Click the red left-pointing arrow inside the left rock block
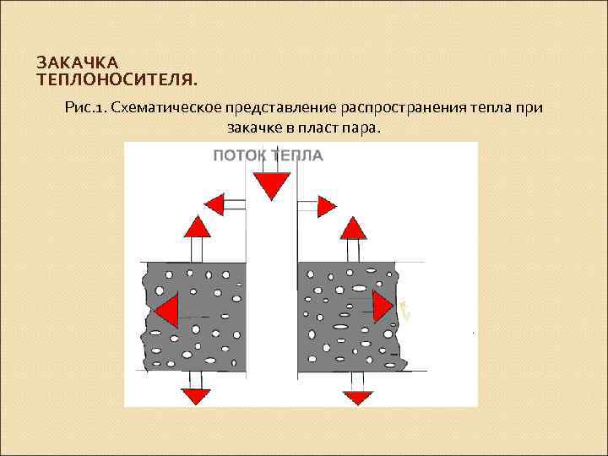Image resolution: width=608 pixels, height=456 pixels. click(x=166, y=310)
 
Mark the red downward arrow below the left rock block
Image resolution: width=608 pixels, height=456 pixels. click(x=196, y=394)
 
